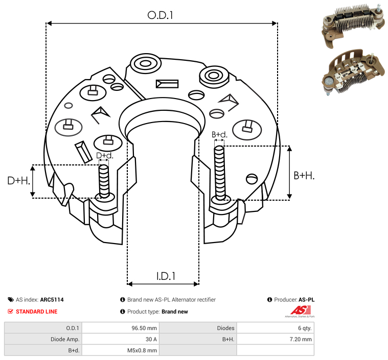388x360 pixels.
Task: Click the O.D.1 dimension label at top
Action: (160, 15)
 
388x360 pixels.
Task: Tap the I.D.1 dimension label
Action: (166, 276)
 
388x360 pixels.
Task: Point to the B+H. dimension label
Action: (304, 176)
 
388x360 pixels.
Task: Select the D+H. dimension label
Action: (18, 181)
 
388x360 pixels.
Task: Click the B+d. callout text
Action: (219, 134)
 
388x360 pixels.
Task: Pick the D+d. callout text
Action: (105, 156)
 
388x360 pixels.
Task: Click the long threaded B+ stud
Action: (219, 173)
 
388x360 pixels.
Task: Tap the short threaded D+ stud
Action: (104, 181)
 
